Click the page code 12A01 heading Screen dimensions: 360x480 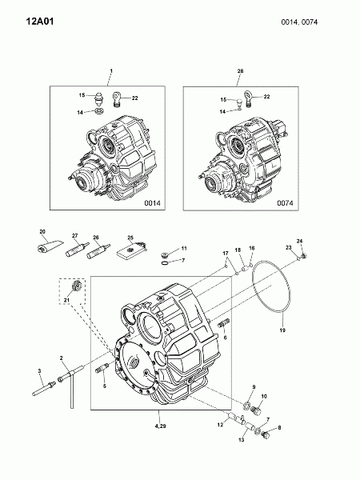(x=40, y=22)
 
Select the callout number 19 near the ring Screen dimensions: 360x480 (x=282, y=330)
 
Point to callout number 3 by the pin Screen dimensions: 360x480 (x=39, y=370)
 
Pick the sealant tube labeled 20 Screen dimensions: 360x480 (x=50, y=246)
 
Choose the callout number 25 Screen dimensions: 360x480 (x=130, y=238)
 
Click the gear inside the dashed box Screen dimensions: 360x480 (x=76, y=286)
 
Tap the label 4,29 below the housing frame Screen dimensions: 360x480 (x=160, y=426)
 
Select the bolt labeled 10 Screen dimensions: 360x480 (x=256, y=410)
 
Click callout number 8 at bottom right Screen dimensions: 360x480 (x=279, y=428)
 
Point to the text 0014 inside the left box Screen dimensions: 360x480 (x=152, y=203)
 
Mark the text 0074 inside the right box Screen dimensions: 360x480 (x=285, y=203)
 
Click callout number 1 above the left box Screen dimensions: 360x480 (x=111, y=70)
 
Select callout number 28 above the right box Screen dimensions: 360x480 (x=240, y=70)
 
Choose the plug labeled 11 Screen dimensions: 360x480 (x=164, y=254)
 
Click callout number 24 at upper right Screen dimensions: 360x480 (x=299, y=242)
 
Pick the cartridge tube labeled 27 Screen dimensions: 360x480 (x=77, y=249)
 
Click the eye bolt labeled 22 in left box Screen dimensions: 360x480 (x=117, y=99)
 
